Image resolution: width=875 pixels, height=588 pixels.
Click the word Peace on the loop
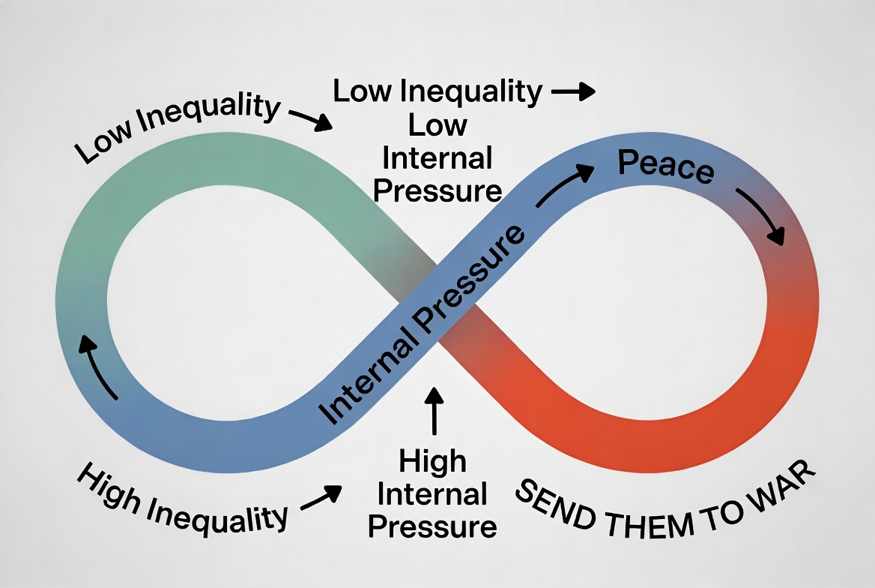tap(666, 166)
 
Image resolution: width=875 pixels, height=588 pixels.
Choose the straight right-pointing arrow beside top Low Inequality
tap(573, 91)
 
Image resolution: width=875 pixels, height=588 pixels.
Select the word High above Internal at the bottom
tap(432, 462)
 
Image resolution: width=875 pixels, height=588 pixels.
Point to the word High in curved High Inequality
tap(109, 487)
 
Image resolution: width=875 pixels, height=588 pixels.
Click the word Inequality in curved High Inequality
tap(218, 517)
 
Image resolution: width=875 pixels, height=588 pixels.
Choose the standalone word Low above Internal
tap(437, 126)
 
